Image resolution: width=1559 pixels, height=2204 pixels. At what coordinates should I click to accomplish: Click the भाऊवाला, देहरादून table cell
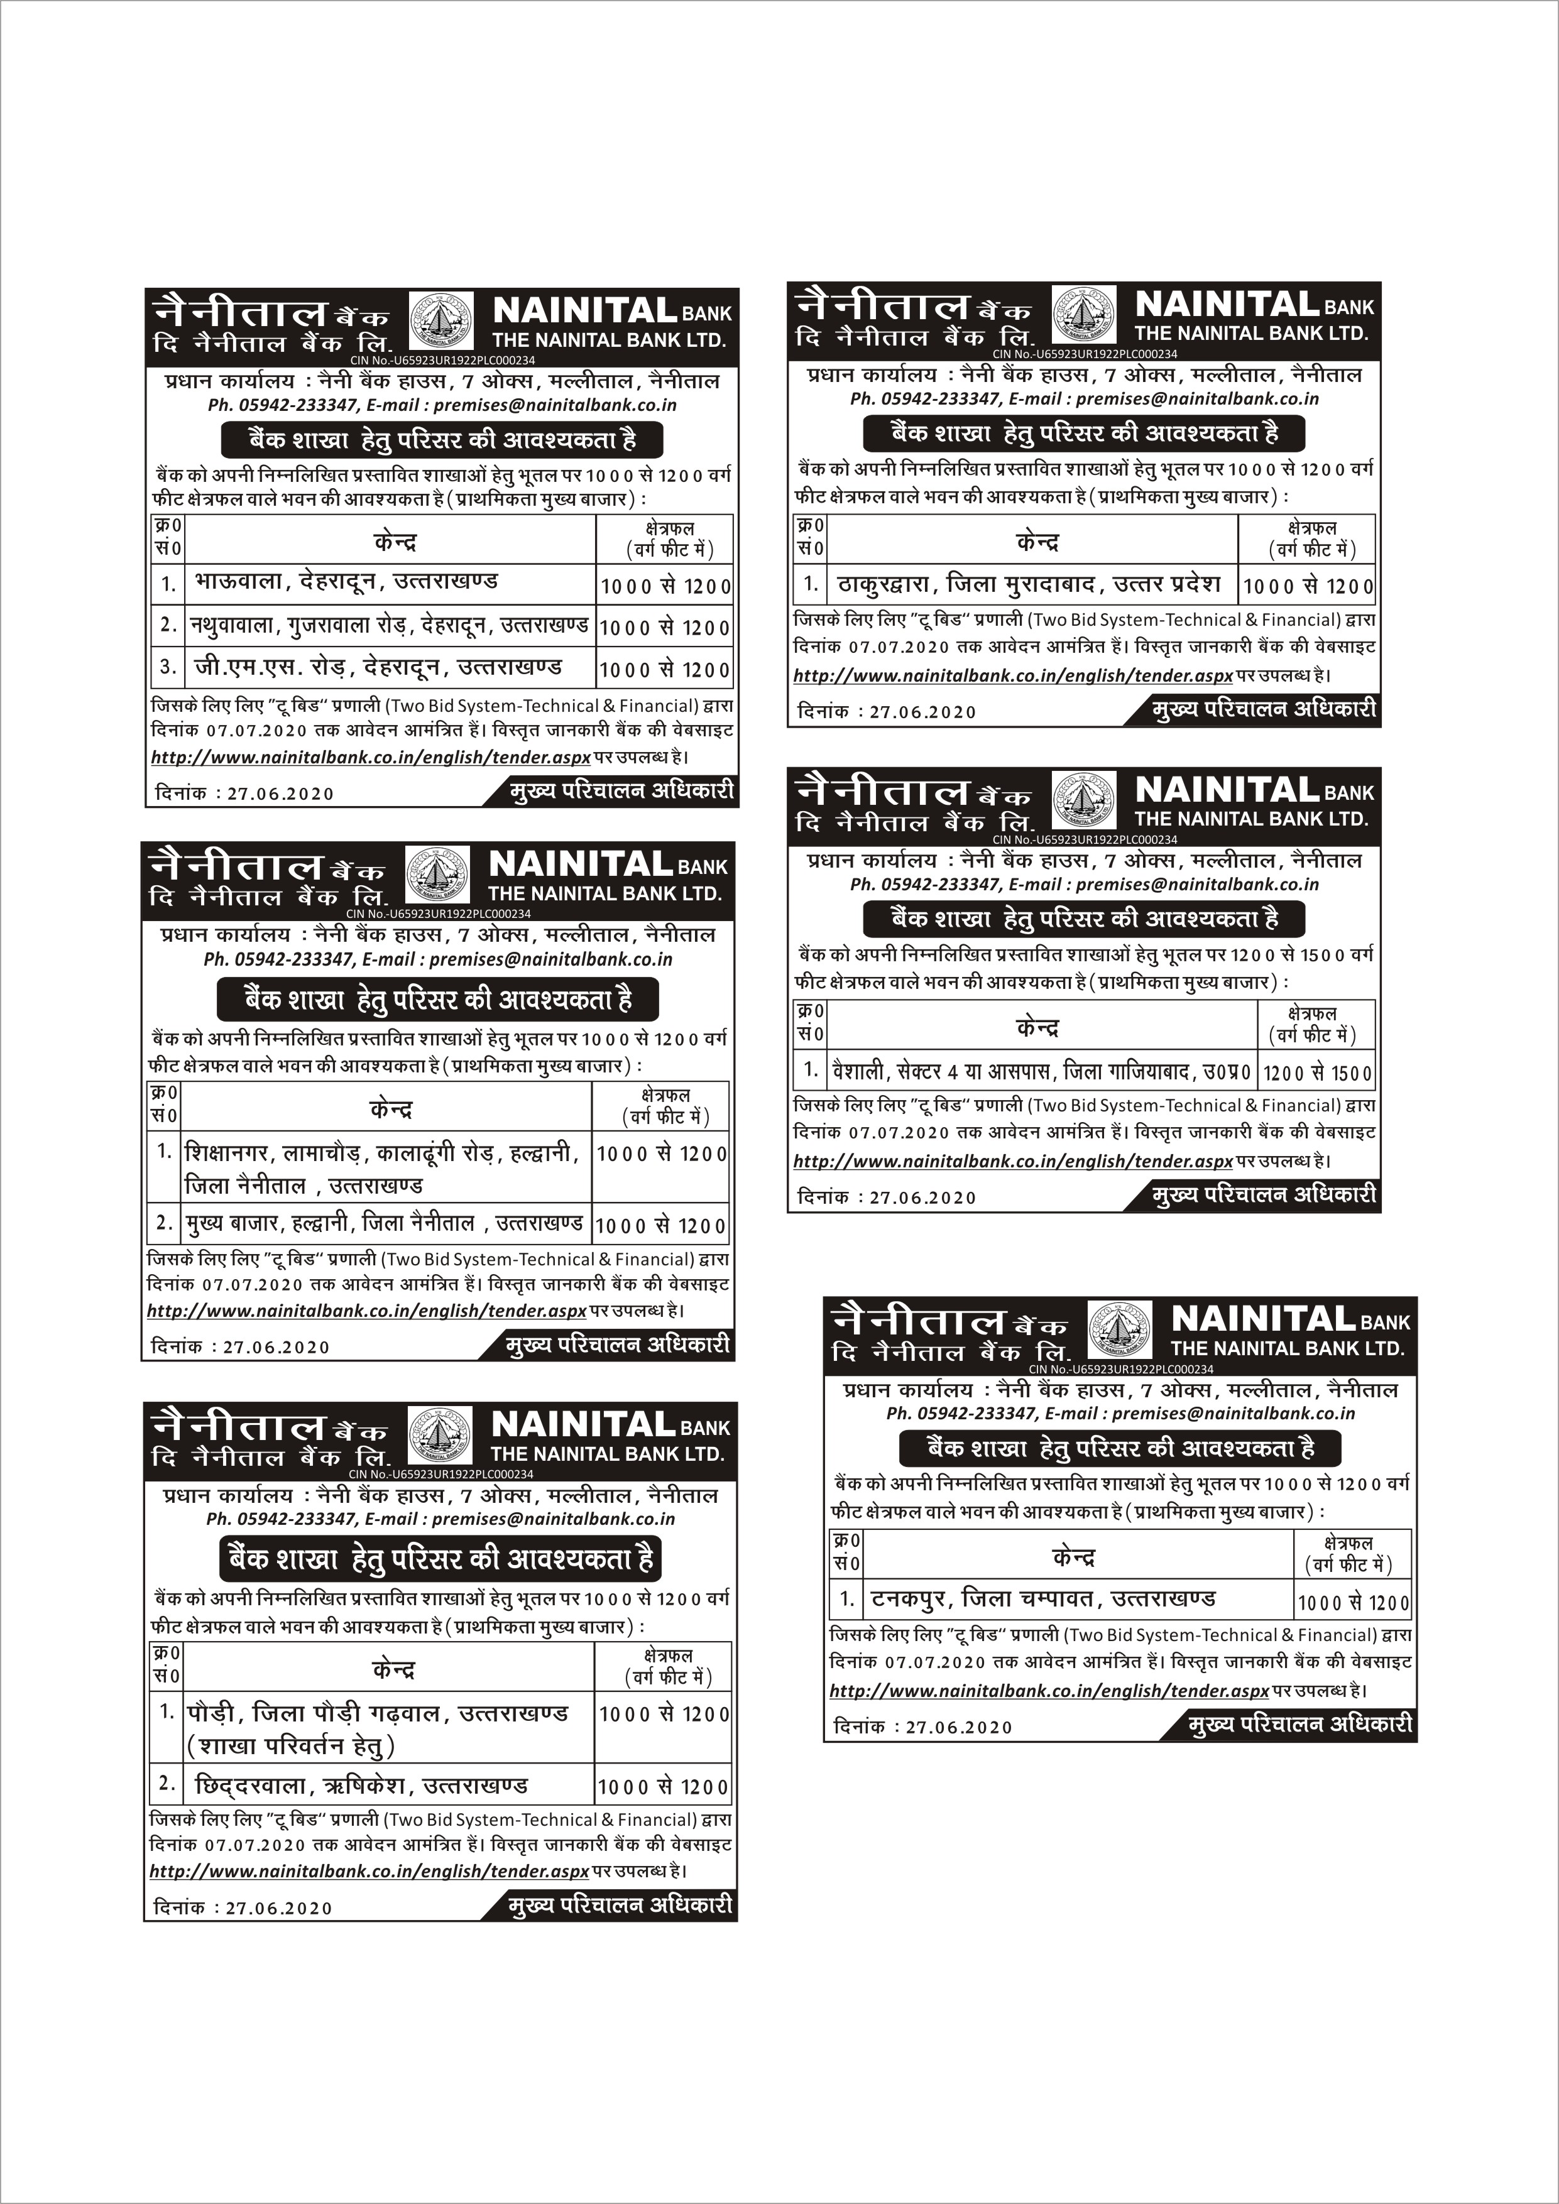[346, 582]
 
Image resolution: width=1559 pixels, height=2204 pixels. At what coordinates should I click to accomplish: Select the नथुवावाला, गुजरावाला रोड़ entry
[389, 625]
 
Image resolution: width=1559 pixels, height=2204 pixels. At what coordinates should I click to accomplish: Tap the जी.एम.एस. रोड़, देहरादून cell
[378, 667]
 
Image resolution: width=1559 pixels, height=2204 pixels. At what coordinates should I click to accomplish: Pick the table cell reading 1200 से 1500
[1317, 1072]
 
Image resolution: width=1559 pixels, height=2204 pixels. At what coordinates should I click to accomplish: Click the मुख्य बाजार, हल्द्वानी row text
[384, 1224]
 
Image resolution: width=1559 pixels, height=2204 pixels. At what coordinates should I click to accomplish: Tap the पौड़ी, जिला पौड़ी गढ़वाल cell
[378, 1713]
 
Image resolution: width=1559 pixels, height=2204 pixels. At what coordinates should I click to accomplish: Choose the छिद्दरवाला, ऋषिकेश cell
[361, 1786]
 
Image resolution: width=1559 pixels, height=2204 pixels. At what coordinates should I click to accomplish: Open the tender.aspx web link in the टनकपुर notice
[1048, 1691]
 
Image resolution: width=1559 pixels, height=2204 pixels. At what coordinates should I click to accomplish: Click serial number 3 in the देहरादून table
[168, 666]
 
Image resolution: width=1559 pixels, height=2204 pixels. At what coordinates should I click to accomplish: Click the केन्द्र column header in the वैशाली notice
[1037, 1028]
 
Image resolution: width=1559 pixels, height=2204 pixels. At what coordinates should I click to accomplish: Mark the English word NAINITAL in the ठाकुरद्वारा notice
[1227, 305]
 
